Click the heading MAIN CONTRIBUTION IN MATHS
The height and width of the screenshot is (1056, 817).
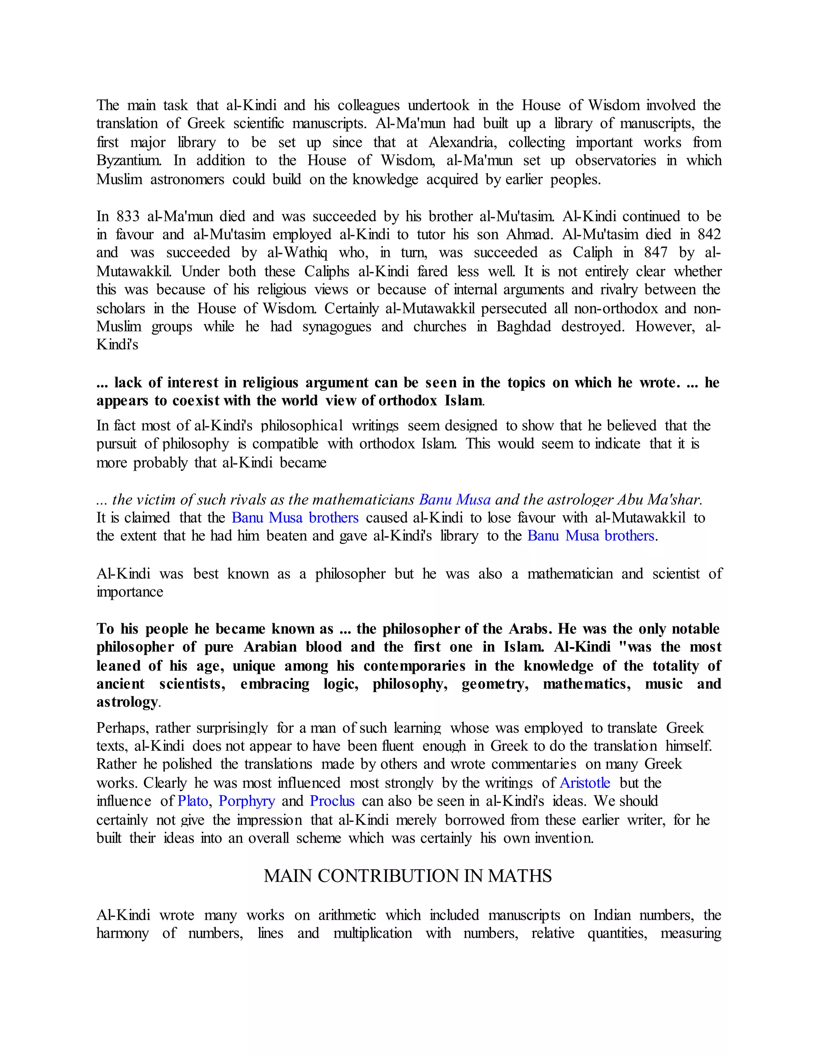point(408,875)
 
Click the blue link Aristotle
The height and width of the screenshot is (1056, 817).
point(585,783)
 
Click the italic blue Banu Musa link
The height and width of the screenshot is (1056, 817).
point(454,499)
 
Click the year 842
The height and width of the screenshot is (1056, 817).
point(709,234)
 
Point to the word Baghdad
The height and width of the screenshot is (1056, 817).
point(524,327)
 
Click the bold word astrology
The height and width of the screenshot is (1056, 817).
point(127,702)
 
